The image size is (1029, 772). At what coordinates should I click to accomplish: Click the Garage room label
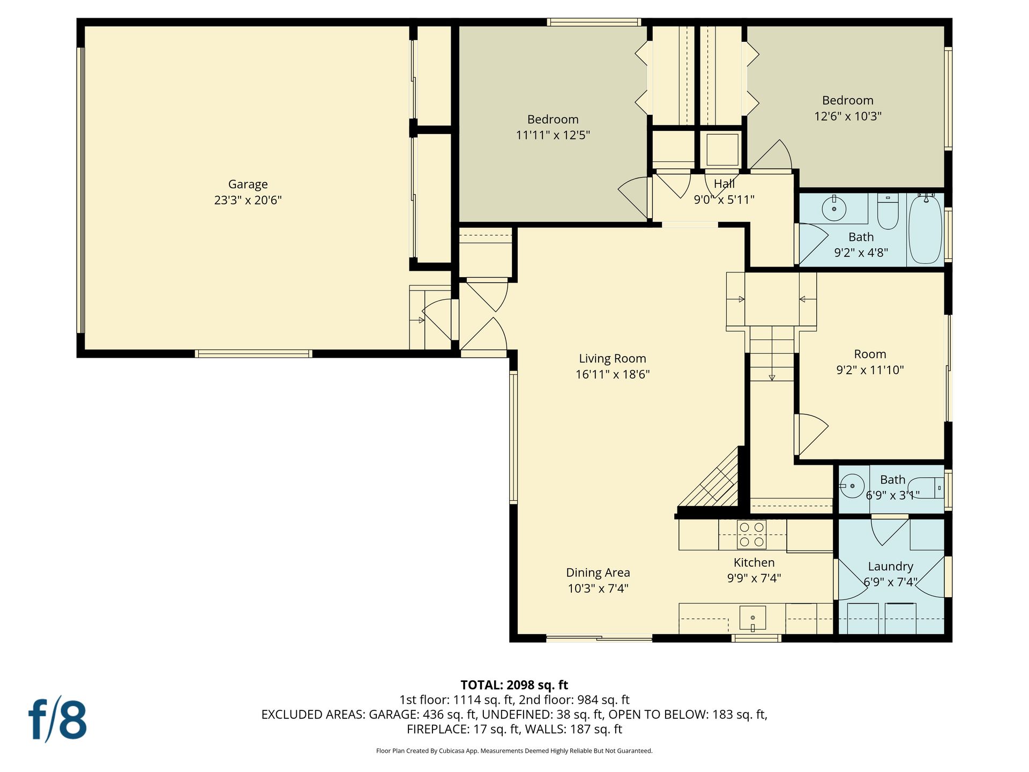click(x=248, y=184)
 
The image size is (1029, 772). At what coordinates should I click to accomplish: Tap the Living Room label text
click(x=613, y=359)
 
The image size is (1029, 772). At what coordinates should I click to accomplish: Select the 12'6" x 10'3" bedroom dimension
click(x=848, y=116)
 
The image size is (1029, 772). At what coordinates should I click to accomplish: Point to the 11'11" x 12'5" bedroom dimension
click(x=553, y=135)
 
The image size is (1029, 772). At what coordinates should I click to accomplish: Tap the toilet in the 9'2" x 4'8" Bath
click(x=888, y=212)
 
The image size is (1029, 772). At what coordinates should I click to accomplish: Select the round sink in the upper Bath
click(x=834, y=209)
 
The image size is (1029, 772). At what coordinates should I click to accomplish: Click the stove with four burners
click(x=751, y=535)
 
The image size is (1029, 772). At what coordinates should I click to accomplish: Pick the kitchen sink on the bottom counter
click(x=752, y=618)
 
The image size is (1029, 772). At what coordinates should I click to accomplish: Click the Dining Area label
click(x=598, y=573)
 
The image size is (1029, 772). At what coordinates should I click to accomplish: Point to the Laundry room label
click(x=891, y=567)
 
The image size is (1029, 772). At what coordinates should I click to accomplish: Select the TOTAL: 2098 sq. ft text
click(x=514, y=685)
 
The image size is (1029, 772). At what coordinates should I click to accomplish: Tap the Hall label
click(x=724, y=184)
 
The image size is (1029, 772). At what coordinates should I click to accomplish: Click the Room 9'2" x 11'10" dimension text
click(x=870, y=370)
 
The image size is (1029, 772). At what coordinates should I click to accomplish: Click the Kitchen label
click(x=754, y=562)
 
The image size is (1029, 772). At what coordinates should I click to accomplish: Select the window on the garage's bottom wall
click(x=253, y=354)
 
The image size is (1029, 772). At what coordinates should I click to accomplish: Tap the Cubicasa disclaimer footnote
click(x=514, y=751)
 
